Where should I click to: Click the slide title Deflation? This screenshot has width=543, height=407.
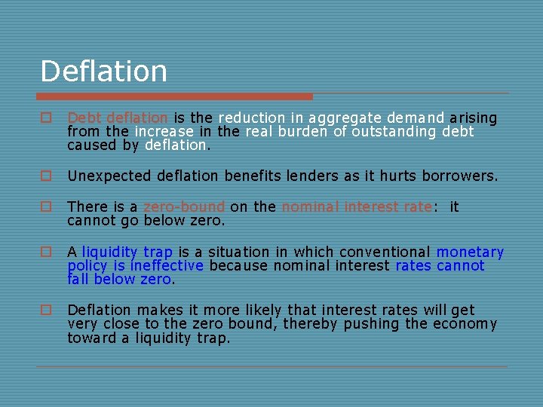pos(103,72)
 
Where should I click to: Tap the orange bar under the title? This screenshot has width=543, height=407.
pos(175,96)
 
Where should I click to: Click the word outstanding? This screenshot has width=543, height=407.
pos(406,132)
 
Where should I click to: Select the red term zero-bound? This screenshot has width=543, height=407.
pos(184,207)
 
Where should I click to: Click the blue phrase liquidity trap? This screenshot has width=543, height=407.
pos(127,252)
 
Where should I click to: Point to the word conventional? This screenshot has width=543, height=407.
pos(385,252)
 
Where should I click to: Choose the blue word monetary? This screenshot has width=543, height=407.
pos(470,252)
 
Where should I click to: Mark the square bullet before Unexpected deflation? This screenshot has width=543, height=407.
pos(46,176)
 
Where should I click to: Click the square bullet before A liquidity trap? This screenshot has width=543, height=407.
pos(46,252)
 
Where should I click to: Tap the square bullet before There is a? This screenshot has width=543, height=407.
pos(46,207)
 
